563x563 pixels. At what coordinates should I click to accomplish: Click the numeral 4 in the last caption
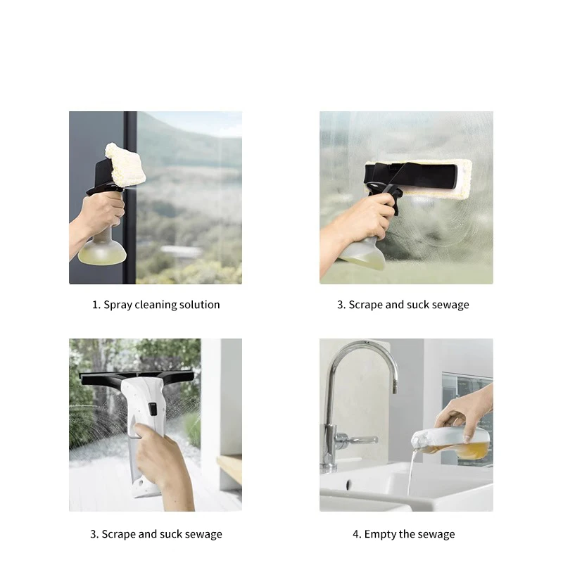(x=355, y=534)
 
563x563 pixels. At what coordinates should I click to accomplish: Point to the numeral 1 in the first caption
(x=95, y=305)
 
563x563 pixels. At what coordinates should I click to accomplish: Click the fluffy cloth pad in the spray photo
(x=125, y=165)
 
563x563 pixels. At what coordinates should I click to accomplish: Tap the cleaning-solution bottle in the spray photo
(x=102, y=248)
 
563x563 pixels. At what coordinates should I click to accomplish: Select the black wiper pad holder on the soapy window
(x=410, y=176)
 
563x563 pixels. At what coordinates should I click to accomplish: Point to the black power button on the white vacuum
(x=153, y=409)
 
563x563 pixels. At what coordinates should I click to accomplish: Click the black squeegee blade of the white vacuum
(x=137, y=378)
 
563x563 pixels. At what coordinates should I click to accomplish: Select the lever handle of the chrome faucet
(x=359, y=439)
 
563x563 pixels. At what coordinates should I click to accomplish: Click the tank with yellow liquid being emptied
(x=452, y=444)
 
